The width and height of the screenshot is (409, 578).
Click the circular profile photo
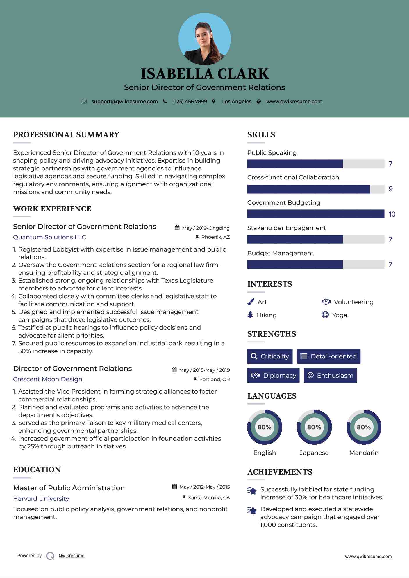click(204, 39)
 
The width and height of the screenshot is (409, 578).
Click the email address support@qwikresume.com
click(124, 101)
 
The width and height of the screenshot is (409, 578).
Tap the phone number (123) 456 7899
click(190, 101)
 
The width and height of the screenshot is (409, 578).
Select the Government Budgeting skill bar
click(316, 214)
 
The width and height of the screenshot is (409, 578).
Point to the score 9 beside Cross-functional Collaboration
click(391, 189)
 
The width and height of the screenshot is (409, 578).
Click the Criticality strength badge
click(270, 356)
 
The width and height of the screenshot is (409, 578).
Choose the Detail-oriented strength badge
click(328, 356)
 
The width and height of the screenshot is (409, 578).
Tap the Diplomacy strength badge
click(273, 375)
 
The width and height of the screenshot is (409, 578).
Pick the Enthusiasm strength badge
click(330, 375)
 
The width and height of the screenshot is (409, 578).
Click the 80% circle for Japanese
click(314, 427)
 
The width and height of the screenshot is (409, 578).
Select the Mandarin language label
click(364, 453)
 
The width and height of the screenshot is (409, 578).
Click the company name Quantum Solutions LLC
click(49, 237)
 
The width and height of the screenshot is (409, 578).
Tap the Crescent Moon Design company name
click(48, 379)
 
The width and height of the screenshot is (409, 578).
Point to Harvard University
click(41, 498)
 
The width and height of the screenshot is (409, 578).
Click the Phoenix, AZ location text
click(215, 237)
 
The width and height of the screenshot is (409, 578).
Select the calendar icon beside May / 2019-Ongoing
click(177, 228)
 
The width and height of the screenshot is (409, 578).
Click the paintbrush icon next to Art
click(251, 302)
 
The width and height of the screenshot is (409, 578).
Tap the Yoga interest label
click(339, 315)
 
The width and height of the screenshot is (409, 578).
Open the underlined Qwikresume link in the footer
click(72, 556)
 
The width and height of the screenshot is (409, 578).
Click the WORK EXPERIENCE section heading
click(52, 209)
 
